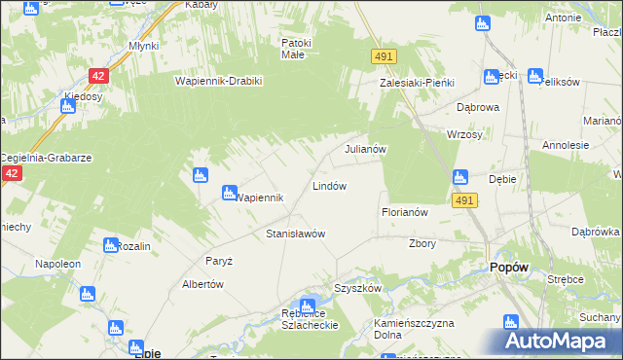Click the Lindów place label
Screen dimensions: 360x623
329,185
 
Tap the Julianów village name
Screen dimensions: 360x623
366,150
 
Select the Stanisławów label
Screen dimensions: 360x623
295,234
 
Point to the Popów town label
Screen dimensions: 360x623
510,267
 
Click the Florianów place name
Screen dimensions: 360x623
404,211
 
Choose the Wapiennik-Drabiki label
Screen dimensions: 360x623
219,81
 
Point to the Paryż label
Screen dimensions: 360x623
218,261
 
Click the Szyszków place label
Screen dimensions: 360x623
357,289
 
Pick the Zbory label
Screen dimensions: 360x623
422,244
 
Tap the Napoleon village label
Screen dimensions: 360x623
57,264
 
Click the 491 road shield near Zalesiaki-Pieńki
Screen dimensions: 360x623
383,58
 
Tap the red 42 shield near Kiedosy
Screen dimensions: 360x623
97,75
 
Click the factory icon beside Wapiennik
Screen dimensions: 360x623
230,193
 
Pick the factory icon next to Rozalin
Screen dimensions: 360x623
109,245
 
